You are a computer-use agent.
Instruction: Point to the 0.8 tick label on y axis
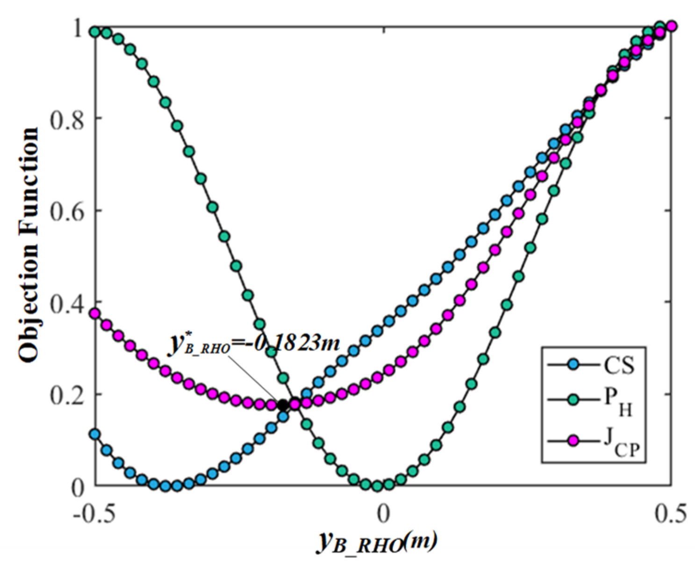click(x=67, y=118)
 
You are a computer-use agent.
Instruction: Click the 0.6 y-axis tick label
click(x=67, y=210)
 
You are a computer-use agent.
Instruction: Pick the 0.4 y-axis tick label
click(x=67, y=302)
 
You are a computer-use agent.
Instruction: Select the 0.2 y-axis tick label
click(x=67, y=394)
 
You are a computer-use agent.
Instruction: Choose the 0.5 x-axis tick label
click(x=671, y=513)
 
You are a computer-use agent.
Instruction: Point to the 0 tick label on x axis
click(x=383, y=513)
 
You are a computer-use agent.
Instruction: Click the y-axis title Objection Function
click(x=29, y=245)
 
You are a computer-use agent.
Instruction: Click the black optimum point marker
click(x=283, y=405)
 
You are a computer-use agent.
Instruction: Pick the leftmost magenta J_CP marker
click(x=95, y=313)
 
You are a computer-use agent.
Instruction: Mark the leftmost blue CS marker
click(x=95, y=434)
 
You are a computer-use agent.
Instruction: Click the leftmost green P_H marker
click(x=95, y=32)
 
